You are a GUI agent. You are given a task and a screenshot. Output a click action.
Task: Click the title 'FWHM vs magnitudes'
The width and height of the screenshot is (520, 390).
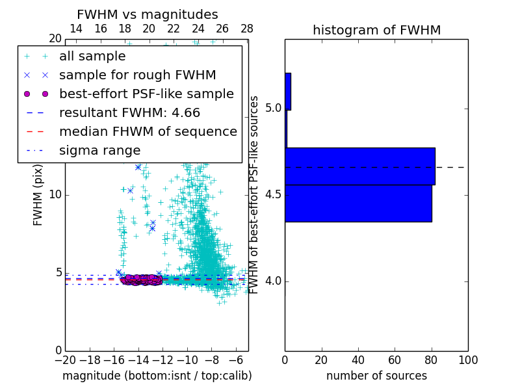(x=148, y=15)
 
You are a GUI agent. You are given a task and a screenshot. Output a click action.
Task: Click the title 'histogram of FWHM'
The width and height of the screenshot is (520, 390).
(x=376, y=31)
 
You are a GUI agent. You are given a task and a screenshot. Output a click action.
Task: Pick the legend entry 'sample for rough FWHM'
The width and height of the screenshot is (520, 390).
(x=137, y=75)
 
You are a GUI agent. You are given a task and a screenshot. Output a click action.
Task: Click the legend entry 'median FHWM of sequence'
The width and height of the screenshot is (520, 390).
(x=148, y=132)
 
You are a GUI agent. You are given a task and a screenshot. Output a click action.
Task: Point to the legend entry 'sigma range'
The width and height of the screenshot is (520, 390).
(x=99, y=151)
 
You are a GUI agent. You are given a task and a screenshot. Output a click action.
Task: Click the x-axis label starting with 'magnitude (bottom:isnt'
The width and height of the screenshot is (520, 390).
(x=157, y=376)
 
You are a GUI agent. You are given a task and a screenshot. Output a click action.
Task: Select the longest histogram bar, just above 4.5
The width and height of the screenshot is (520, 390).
(x=360, y=166)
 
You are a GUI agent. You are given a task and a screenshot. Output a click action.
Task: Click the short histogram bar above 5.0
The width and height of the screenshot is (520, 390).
(x=288, y=92)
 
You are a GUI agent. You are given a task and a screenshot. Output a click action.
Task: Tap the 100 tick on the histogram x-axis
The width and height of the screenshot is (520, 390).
(x=468, y=360)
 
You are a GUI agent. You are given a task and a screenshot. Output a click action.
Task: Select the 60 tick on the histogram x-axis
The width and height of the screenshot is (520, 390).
(x=395, y=360)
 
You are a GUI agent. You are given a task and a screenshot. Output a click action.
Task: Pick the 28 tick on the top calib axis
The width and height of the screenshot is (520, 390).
(x=247, y=29)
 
